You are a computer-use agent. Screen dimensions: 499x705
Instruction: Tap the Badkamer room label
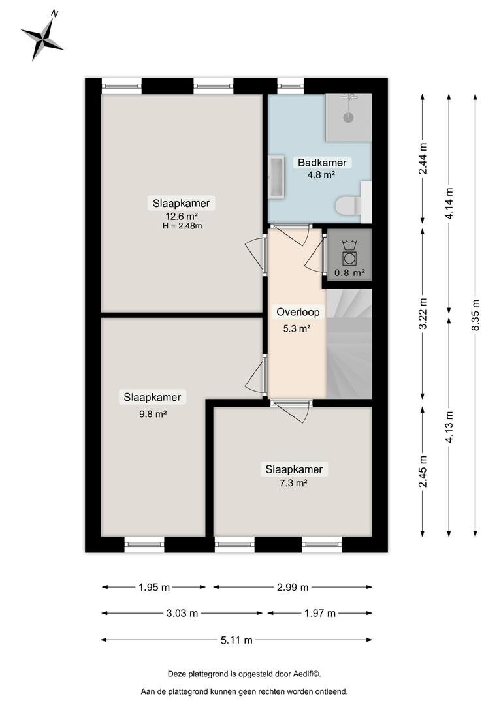pyautogui.click(x=322, y=163)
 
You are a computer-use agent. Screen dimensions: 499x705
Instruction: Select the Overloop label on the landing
pyautogui.click(x=298, y=312)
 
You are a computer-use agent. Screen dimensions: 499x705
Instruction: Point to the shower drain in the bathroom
pyautogui.click(x=348, y=117)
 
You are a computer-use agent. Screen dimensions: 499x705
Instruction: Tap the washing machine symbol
pyautogui.click(x=349, y=253)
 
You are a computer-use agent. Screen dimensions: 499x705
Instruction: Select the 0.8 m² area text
pyautogui.click(x=349, y=272)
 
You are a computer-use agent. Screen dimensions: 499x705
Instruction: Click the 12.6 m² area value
pyautogui.click(x=182, y=216)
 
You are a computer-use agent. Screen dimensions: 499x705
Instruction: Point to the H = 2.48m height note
pyautogui.click(x=182, y=226)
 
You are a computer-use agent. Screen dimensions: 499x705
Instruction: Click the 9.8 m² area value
pyautogui.click(x=153, y=414)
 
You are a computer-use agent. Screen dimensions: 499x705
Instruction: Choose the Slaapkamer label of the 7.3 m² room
pyautogui.click(x=294, y=469)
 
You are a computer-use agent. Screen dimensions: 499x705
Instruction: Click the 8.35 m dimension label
pyautogui.click(x=475, y=315)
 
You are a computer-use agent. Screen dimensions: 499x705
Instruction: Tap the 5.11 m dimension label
pyautogui.click(x=236, y=640)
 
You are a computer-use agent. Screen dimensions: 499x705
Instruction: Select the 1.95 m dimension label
pyautogui.click(x=154, y=587)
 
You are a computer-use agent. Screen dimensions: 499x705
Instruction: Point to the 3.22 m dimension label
pyautogui.click(x=422, y=313)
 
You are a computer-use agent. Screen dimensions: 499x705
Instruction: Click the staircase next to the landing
pyautogui.click(x=349, y=343)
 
